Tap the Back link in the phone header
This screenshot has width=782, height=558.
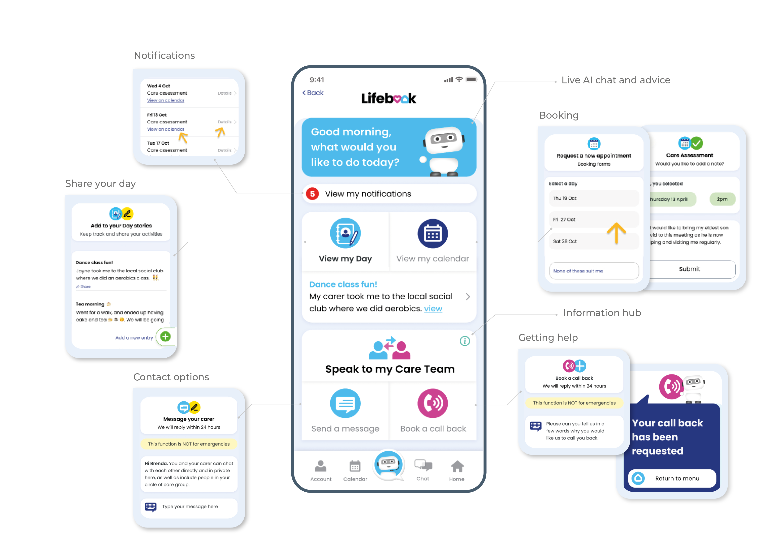coord(313,93)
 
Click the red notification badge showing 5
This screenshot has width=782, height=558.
coord(312,194)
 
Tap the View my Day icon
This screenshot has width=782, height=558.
coord(345,233)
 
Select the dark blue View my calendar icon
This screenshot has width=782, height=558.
coord(432,234)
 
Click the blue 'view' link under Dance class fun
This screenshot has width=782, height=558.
coord(433,309)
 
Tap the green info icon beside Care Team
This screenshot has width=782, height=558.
coord(465,341)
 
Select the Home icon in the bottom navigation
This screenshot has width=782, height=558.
coord(457,467)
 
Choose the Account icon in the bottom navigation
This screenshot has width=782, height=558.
coord(321,467)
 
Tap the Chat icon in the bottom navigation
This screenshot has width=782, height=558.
coord(423,467)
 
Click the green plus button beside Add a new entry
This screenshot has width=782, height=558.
coord(165,336)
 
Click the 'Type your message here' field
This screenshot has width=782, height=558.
coord(190,506)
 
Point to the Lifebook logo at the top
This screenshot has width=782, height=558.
coord(389,98)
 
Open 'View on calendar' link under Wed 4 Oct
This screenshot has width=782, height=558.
coord(165,100)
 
